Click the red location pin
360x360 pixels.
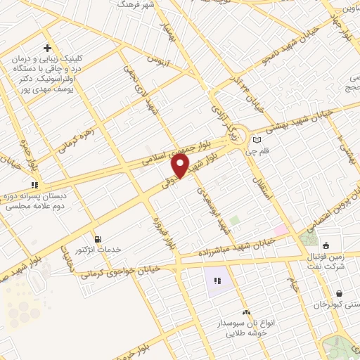[181, 166]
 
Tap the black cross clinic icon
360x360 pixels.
[46, 49]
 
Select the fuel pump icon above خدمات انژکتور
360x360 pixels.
[97, 239]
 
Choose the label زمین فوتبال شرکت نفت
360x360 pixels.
[331, 260]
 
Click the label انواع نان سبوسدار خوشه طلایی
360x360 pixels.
[247, 328]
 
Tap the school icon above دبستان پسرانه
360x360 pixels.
[34, 186]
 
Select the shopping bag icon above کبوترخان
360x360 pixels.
[340, 294]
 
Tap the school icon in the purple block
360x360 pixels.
[217, 281]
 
